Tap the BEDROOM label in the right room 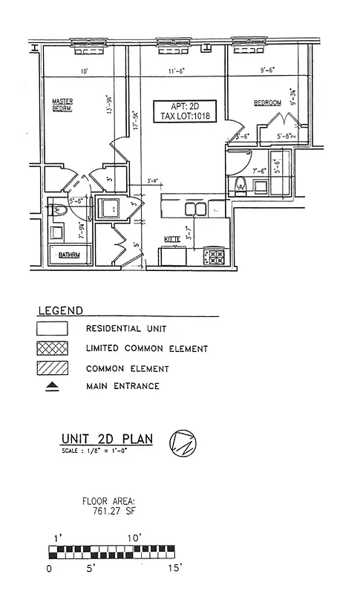point(268,102)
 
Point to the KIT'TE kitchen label point(174,239)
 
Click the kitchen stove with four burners point(215,257)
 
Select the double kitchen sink point(195,210)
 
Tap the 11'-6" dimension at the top point(176,71)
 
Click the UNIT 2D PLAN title point(108,439)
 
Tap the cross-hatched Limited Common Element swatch point(53,347)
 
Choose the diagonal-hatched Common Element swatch point(53,368)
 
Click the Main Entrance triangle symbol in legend point(53,386)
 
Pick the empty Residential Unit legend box point(53,327)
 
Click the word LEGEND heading point(60,310)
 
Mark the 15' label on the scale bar point(174,568)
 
